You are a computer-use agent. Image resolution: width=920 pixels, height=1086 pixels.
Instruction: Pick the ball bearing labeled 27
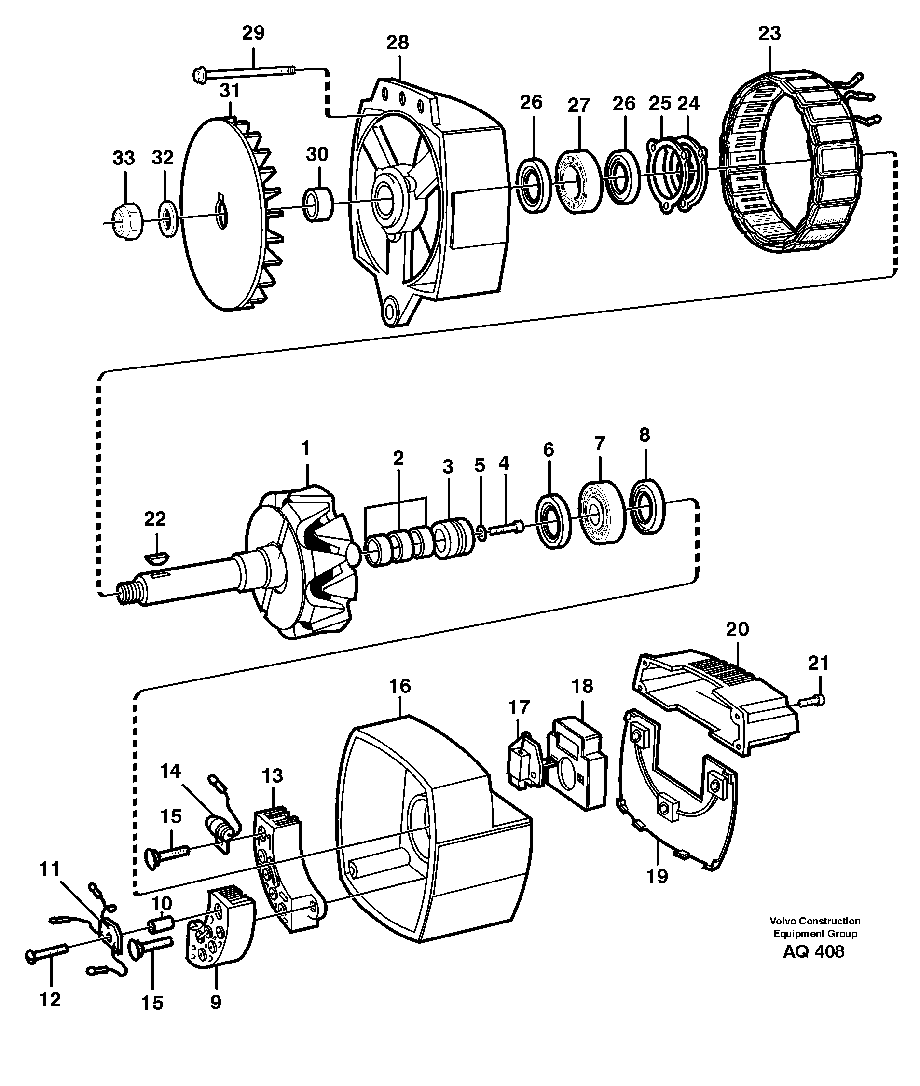[578, 178]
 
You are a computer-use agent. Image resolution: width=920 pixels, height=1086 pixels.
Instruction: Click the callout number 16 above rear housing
[400, 686]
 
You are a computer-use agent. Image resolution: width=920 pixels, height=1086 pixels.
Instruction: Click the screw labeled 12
[47, 957]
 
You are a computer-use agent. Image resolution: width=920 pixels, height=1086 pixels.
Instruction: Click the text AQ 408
[813, 951]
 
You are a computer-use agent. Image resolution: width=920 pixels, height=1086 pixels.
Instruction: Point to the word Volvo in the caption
[783, 921]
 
